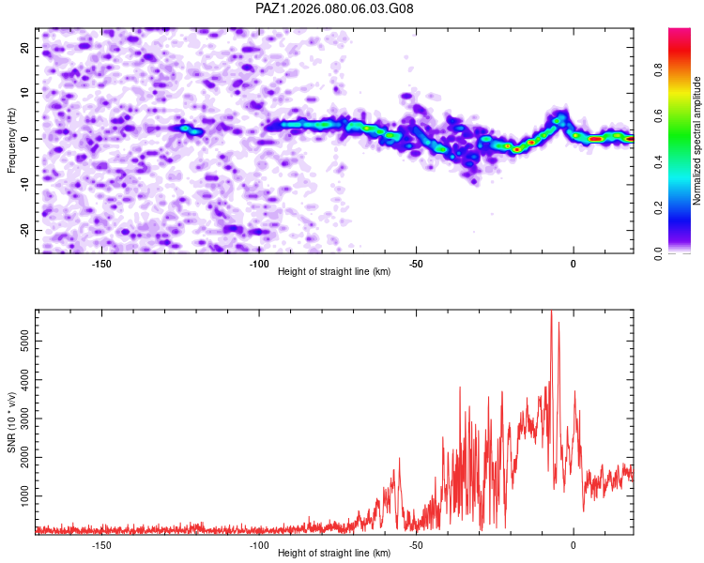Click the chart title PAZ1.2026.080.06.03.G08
point(334,8)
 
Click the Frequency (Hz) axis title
point(11,140)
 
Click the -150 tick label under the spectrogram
point(101,264)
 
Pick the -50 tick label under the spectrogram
point(416,264)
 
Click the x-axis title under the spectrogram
point(334,272)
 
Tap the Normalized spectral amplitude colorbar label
point(697,141)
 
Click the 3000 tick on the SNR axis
point(21,418)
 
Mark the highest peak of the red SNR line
point(551,312)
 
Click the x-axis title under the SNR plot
point(334,554)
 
